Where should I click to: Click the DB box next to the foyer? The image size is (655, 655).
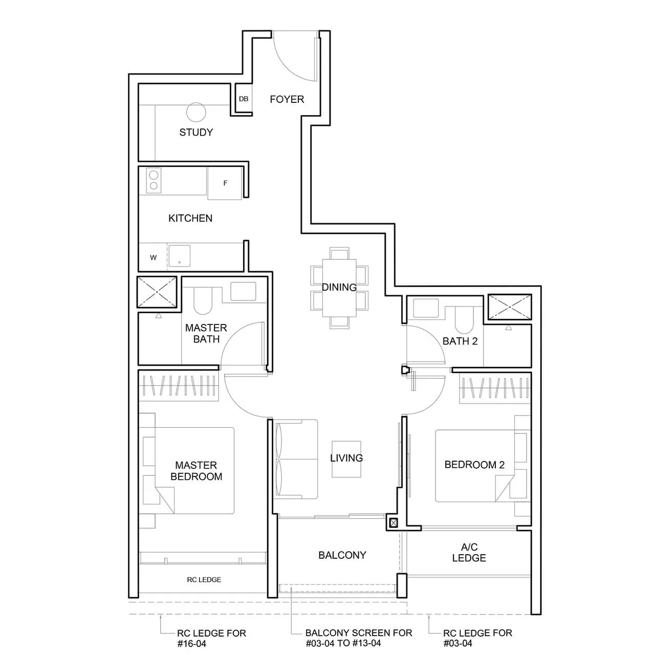[x=244, y=99]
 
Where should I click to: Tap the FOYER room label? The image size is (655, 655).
[x=287, y=99]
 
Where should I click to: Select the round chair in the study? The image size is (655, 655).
[x=196, y=112]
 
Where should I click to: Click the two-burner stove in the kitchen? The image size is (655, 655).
[x=153, y=181]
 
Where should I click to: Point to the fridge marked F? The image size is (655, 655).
[x=225, y=183]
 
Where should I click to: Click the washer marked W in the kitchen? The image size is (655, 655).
[x=153, y=257]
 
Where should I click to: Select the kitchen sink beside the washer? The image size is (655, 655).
[x=180, y=256]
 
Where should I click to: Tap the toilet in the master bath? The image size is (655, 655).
[x=203, y=301]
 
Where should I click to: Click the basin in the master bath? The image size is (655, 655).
[x=243, y=291]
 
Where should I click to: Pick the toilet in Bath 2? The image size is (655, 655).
[x=464, y=319]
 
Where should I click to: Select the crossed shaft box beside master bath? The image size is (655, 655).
[x=157, y=293]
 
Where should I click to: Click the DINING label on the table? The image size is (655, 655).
[x=339, y=287]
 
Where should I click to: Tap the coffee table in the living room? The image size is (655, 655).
[x=346, y=459]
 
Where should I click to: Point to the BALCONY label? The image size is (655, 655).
[x=342, y=555]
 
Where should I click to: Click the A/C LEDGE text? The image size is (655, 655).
[x=469, y=553]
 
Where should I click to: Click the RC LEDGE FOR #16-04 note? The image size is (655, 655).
[x=211, y=638]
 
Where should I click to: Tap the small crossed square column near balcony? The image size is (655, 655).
[x=393, y=523]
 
